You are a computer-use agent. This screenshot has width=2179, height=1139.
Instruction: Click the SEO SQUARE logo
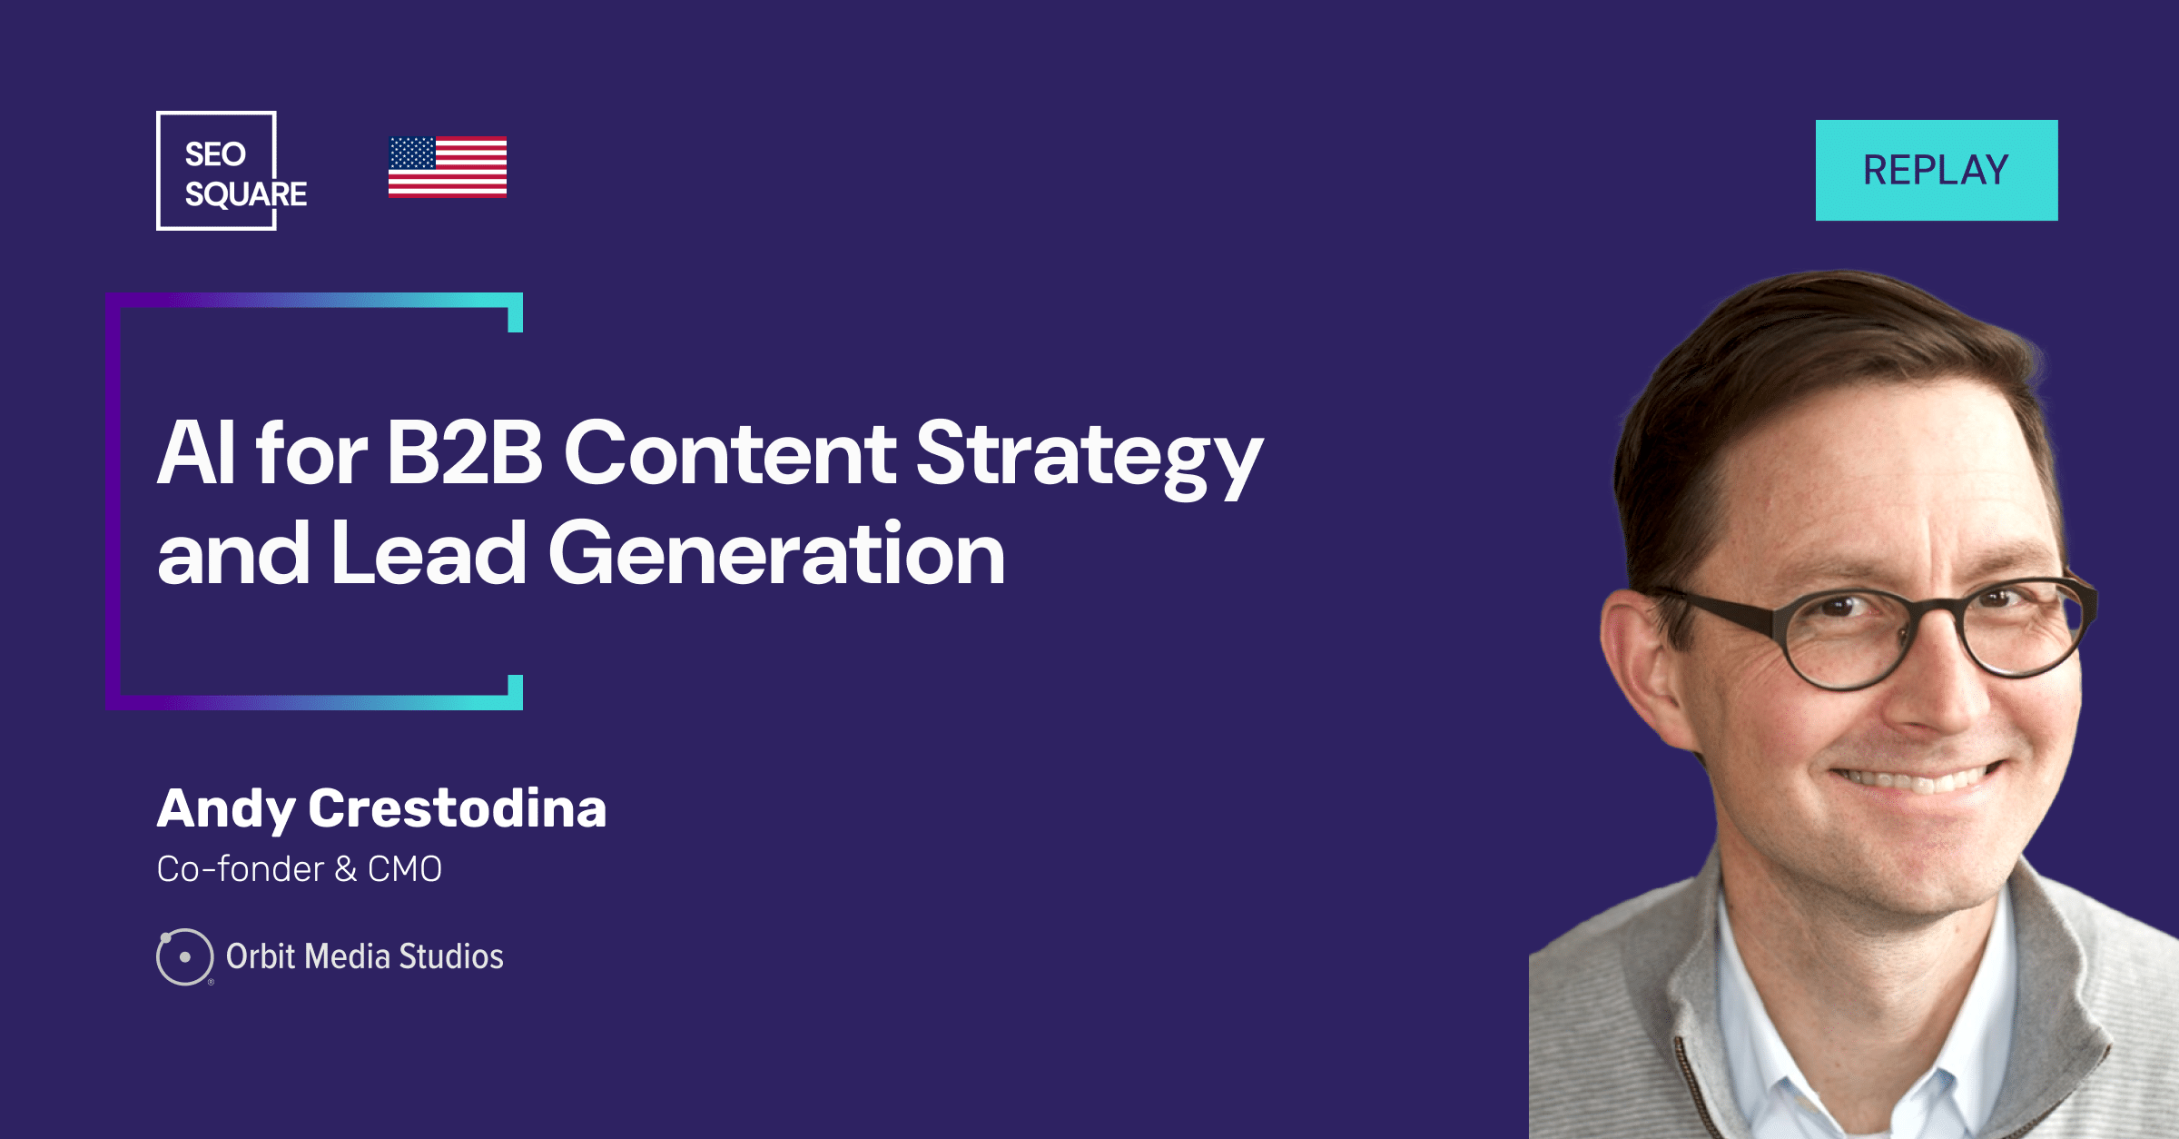[x=232, y=171]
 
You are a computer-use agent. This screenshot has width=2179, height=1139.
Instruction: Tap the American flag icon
[x=448, y=166]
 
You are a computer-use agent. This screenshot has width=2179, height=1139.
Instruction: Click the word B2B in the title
[x=465, y=452]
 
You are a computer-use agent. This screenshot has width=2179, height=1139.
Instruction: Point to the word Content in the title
[x=731, y=452]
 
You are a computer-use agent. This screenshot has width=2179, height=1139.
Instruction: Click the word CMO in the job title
[x=405, y=869]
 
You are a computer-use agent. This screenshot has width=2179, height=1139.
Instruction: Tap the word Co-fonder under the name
[x=241, y=869]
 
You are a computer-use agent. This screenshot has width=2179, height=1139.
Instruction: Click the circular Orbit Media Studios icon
[x=185, y=956]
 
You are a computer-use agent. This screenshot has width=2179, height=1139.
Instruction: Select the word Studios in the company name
[x=451, y=956]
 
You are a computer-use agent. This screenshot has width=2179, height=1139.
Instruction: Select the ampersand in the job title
[x=346, y=869]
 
